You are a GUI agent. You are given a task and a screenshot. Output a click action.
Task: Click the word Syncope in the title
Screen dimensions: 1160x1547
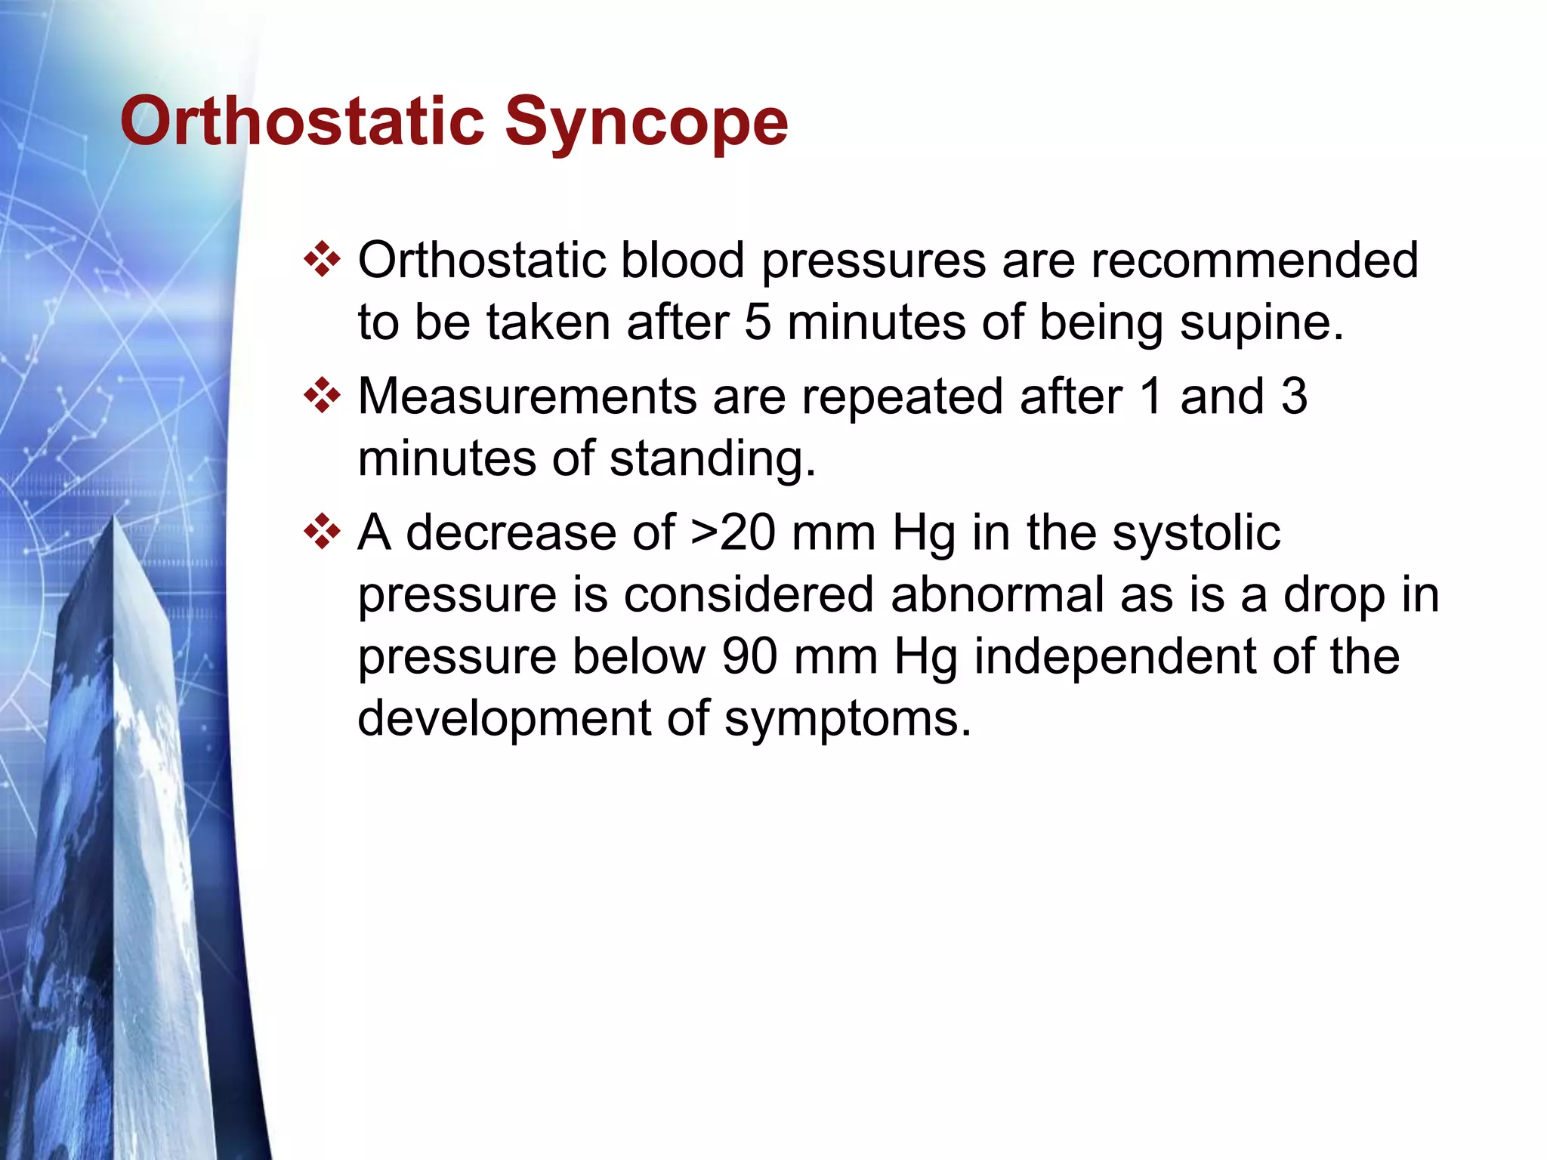coord(647,122)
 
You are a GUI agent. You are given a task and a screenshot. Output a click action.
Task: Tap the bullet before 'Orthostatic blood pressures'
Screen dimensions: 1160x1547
coord(322,260)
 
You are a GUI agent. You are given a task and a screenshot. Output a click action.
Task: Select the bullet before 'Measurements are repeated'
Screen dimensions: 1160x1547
coord(322,396)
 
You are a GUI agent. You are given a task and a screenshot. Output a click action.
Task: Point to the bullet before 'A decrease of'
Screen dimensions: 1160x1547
coord(322,532)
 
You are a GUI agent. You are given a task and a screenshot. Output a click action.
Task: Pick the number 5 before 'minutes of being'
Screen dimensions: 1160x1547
coord(758,322)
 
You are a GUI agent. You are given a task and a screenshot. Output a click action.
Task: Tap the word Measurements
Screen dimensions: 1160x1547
coord(526,396)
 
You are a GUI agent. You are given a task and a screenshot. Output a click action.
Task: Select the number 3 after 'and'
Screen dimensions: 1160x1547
coord(1294,396)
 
